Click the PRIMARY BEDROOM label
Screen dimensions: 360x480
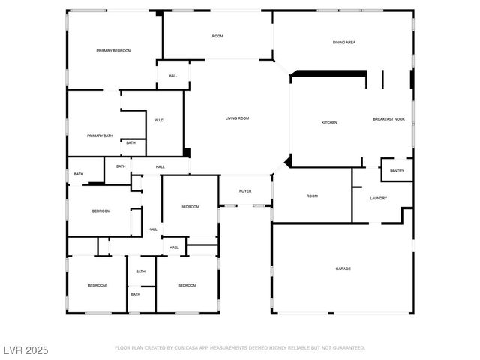pyautogui.click(x=113, y=50)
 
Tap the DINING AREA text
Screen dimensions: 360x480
pyautogui.click(x=344, y=43)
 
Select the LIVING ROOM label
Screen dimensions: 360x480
pyautogui.click(x=237, y=118)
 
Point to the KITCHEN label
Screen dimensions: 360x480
pyautogui.click(x=329, y=122)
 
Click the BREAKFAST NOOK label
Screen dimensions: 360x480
pyautogui.click(x=389, y=119)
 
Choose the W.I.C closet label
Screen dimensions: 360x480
pyautogui.click(x=159, y=120)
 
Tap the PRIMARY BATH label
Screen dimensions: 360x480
pyautogui.click(x=100, y=136)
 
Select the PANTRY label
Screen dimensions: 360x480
pyautogui.click(x=397, y=171)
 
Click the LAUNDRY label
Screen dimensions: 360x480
pyautogui.click(x=378, y=198)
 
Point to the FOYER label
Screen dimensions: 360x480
pyautogui.click(x=245, y=191)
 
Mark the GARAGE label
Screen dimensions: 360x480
pyautogui.click(x=343, y=268)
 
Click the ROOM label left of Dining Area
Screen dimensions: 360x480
pyautogui.click(x=217, y=36)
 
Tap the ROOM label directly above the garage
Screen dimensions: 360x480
pyautogui.click(x=312, y=196)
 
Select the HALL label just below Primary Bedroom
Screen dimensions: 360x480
pyautogui.click(x=172, y=76)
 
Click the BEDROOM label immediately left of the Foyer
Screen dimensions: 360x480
pyautogui.click(x=190, y=207)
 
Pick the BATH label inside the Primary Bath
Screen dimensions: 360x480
pyautogui.click(x=130, y=143)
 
